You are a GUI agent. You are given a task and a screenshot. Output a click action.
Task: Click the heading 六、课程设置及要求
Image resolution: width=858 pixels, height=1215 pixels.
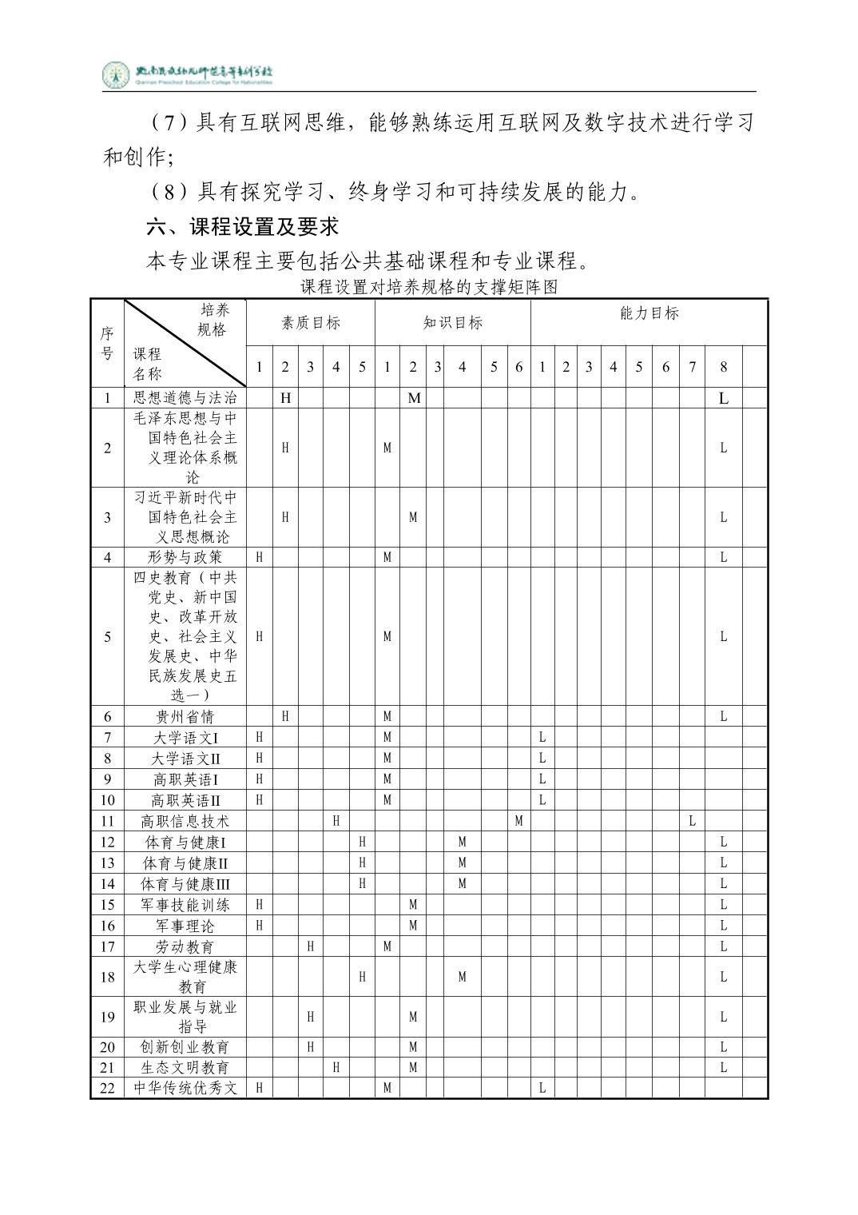point(243,226)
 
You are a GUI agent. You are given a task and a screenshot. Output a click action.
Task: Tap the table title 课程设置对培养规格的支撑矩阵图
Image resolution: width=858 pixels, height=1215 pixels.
point(428,287)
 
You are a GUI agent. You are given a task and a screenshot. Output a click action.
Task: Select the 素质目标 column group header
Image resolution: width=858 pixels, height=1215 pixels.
point(310,323)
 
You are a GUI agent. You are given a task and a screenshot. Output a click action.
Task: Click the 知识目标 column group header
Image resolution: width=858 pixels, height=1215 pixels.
point(452,323)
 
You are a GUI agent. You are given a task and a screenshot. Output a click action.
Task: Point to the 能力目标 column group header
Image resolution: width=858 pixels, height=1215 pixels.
point(649,313)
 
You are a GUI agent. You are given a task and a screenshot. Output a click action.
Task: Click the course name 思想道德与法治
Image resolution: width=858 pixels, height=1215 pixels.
point(185,397)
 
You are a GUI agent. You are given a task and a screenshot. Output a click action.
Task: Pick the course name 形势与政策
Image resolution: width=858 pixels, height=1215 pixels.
point(185,557)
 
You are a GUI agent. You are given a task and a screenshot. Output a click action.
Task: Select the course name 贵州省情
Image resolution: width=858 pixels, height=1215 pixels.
point(185,716)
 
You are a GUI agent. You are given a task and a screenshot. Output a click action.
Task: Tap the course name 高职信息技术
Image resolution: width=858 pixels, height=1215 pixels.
point(185,821)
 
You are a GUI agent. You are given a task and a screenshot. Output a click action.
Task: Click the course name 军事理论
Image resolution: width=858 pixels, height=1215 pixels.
point(185,926)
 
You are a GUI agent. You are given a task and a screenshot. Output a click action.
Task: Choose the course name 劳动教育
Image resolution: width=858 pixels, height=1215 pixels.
point(185,946)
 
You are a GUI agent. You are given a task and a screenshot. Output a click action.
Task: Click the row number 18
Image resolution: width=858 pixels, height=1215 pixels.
point(107,977)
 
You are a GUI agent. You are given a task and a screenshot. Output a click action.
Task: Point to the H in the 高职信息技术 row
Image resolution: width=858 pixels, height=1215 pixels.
point(336,821)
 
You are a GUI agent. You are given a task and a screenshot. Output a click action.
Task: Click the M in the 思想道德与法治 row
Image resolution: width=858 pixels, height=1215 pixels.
point(414,397)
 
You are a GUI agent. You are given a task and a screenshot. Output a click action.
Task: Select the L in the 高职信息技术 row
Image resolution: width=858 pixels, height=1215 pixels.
point(692,821)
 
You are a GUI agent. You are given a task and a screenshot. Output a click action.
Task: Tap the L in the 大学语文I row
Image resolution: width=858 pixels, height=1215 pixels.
point(542,737)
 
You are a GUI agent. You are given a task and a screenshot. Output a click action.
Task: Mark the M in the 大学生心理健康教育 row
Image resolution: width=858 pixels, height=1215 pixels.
point(462,977)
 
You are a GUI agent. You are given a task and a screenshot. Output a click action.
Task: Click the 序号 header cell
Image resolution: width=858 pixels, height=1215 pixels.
point(107,343)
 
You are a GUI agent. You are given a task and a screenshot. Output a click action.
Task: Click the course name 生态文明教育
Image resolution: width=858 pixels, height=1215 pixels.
point(185,1067)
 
